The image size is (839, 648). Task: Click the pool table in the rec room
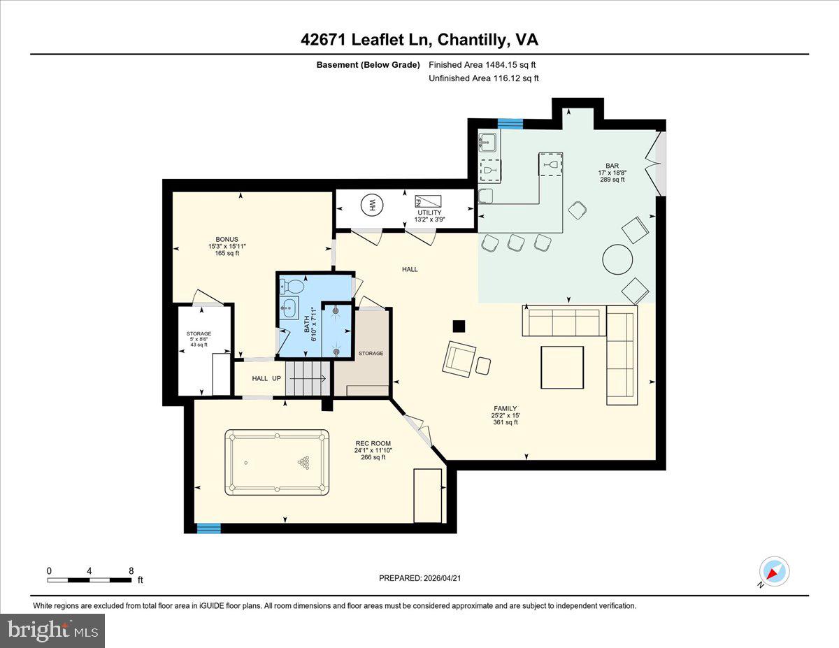(277, 462)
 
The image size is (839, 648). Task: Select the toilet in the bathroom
(294, 286)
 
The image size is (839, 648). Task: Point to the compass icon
(774, 571)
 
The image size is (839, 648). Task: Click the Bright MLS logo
(53, 631)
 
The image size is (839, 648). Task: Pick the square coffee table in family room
(562, 367)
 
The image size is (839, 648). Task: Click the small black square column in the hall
(459, 326)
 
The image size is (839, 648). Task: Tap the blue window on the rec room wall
(208, 528)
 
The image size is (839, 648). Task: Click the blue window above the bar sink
(510, 124)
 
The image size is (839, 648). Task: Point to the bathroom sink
(289, 308)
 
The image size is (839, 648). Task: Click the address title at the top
(419, 40)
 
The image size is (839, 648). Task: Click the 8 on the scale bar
(131, 570)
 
